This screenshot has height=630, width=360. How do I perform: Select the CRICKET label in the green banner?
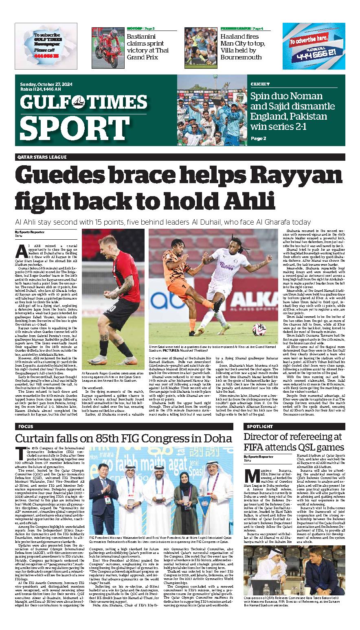pos(260,84)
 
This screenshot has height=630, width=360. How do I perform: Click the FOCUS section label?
pos(26,427)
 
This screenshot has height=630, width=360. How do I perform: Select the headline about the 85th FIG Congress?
pos(123,439)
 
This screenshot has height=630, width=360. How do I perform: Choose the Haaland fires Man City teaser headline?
pos(243,47)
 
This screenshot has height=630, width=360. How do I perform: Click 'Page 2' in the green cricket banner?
pos(258,138)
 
